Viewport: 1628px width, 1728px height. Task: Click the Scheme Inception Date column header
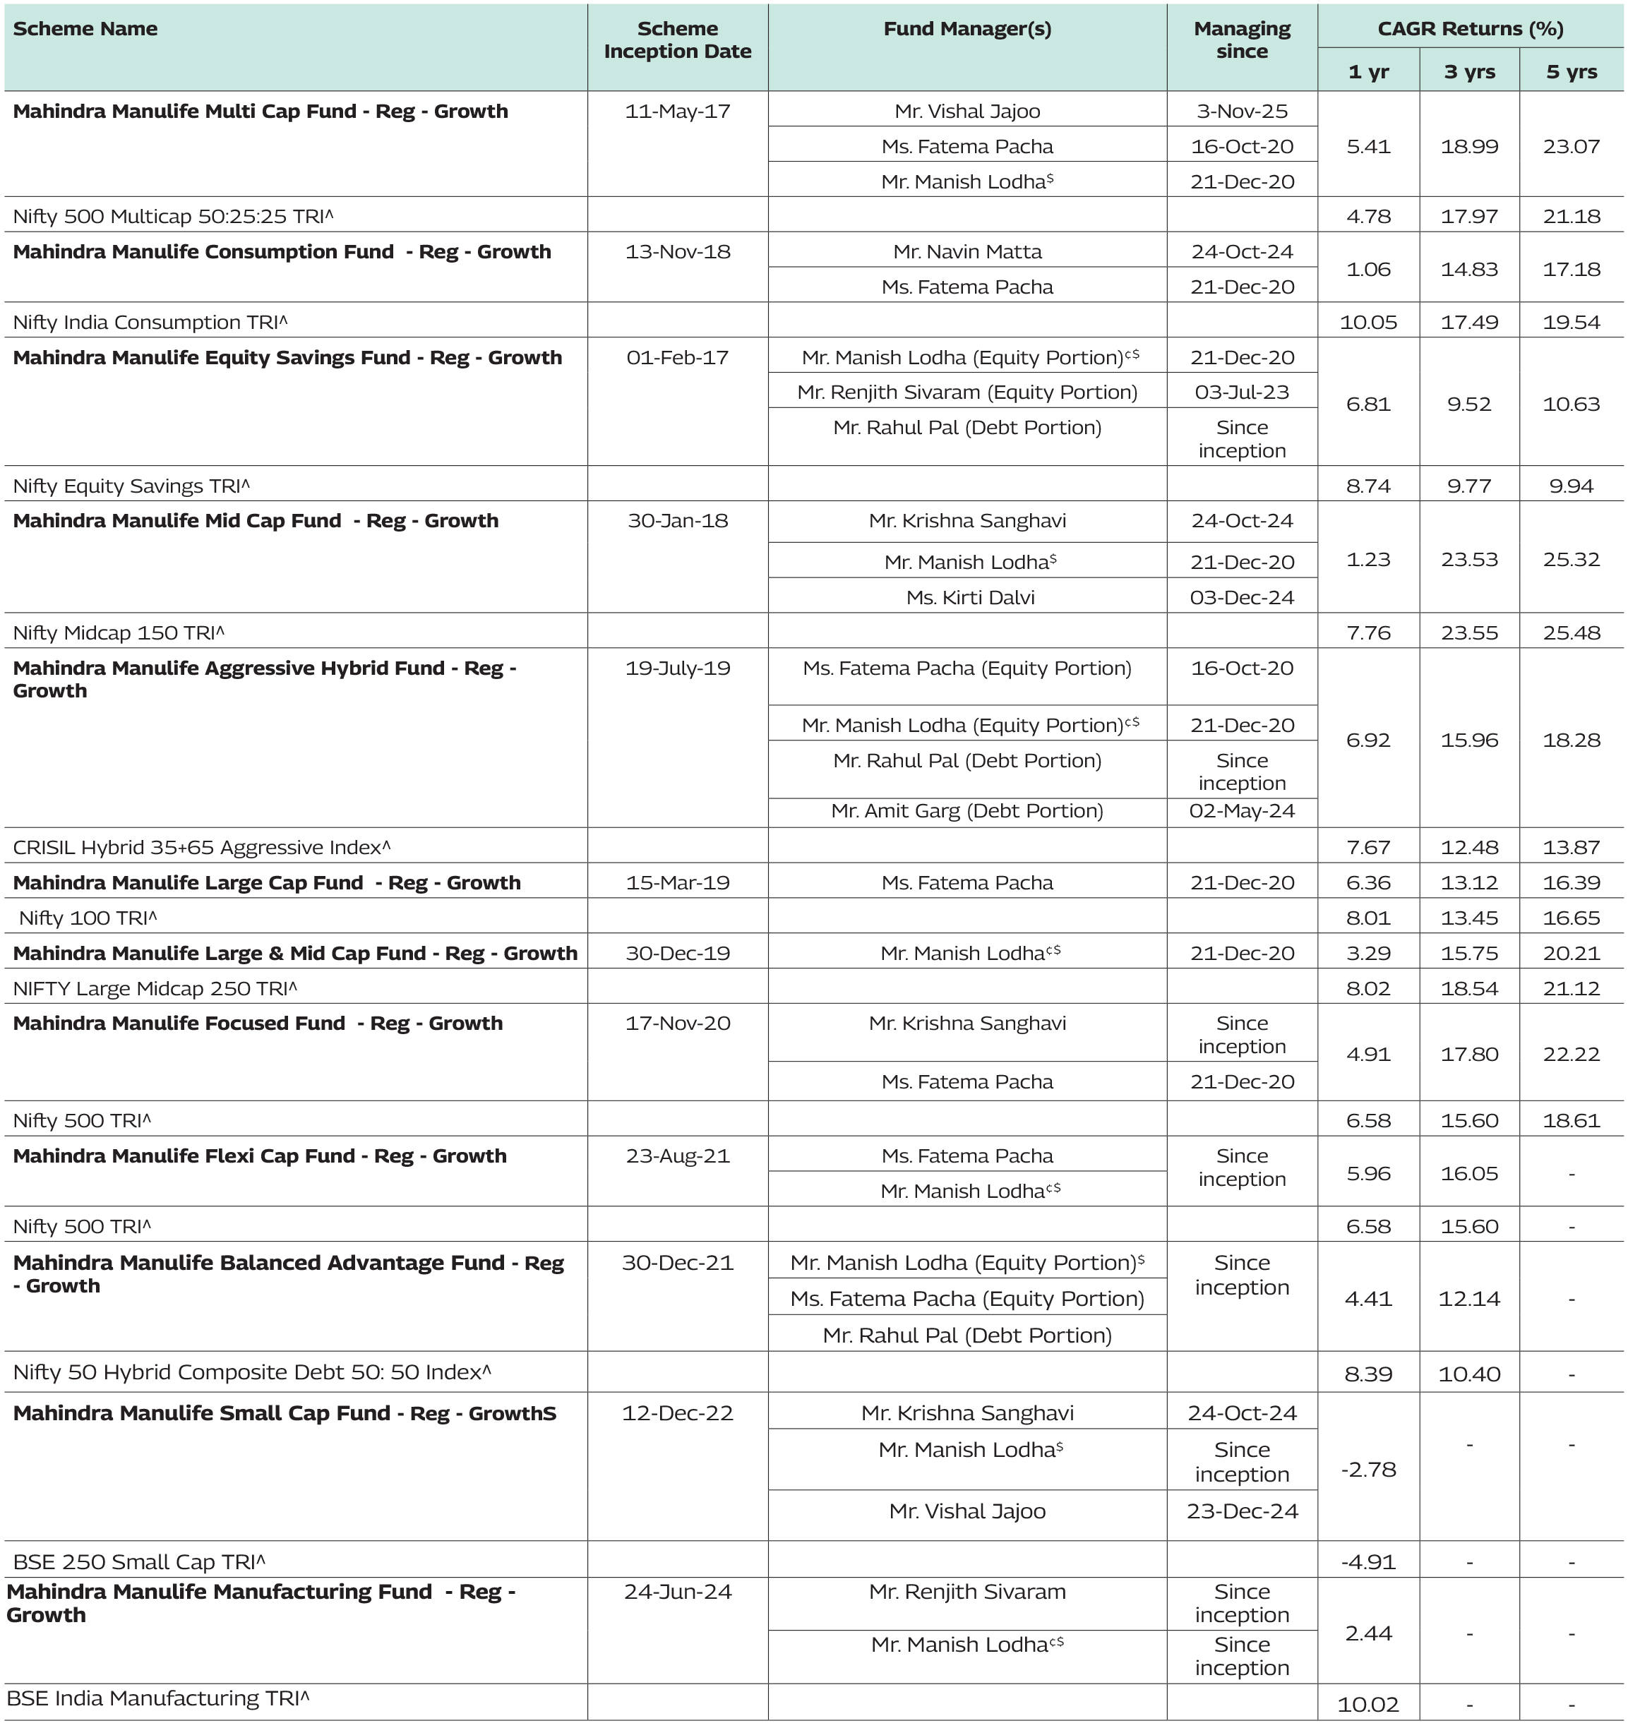[677, 40]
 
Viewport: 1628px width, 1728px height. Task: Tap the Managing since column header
[1241, 40]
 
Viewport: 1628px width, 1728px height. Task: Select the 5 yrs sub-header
[1571, 71]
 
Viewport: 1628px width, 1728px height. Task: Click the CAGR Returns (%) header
[1470, 29]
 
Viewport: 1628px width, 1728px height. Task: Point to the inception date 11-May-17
[677, 112]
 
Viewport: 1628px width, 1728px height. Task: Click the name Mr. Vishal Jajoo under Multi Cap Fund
[966, 112]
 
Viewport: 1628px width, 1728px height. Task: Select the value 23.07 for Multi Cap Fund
[1571, 146]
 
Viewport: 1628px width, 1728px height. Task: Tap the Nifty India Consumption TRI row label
[150, 323]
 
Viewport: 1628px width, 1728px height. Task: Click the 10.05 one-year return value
[1368, 323]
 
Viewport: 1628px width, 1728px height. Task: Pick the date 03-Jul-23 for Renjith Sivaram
[1241, 392]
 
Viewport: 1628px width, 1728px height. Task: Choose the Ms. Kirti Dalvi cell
[970, 597]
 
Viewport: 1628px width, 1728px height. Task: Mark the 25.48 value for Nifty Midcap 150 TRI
[1571, 632]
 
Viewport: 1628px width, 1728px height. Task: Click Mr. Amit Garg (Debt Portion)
[966, 811]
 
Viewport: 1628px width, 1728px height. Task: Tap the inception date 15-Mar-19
[677, 882]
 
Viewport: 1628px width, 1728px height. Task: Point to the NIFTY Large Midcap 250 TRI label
[155, 988]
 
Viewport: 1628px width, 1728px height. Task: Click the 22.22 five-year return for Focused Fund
[1571, 1053]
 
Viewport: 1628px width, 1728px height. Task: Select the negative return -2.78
[1368, 1470]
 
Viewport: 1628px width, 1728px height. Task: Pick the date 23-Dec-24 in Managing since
[1241, 1511]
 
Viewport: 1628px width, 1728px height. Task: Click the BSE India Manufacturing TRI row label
[157, 1698]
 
